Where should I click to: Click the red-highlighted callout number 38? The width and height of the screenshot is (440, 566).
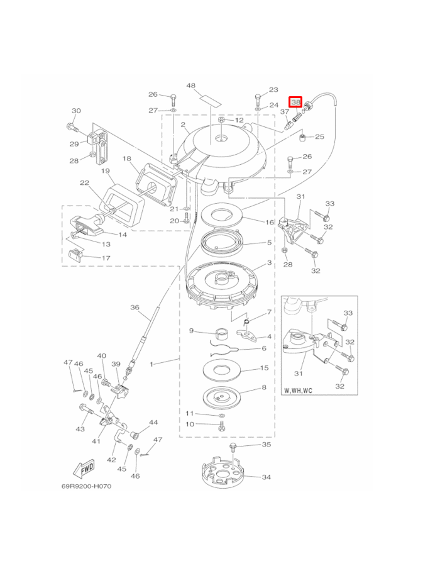[295, 103]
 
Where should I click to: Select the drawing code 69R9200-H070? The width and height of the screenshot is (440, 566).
[86, 486]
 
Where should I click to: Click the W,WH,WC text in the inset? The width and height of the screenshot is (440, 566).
[299, 390]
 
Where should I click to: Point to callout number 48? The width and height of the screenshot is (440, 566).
[191, 86]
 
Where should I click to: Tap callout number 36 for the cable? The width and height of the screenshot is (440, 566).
[135, 307]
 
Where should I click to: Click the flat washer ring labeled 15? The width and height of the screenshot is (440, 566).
[221, 370]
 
